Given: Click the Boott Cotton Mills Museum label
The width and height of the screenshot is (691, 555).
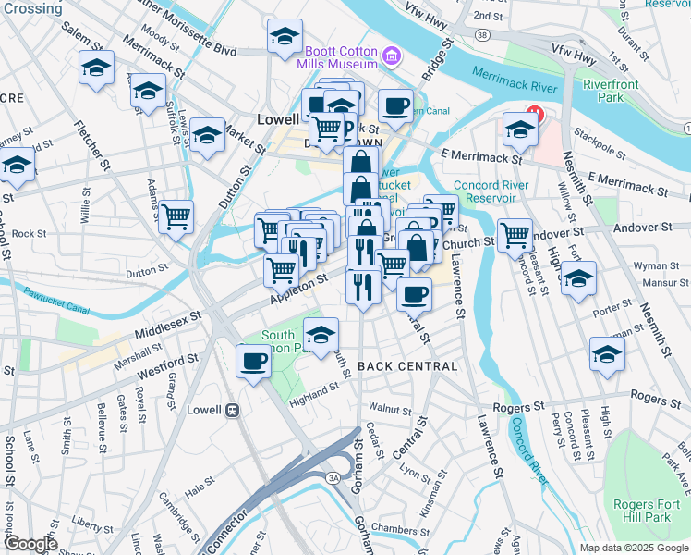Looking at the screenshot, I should (x=338, y=58).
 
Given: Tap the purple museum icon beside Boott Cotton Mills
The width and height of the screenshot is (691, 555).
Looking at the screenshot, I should (x=392, y=57).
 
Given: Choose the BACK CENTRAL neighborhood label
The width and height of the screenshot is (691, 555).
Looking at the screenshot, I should (x=407, y=366).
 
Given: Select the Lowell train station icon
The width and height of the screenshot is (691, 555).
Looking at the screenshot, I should (x=235, y=410).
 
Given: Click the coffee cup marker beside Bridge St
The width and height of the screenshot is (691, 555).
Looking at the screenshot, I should (x=395, y=105).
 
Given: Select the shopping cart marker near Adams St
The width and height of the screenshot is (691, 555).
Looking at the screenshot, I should (x=176, y=217).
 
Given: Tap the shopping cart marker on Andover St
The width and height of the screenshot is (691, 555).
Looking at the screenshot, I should (x=515, y=234).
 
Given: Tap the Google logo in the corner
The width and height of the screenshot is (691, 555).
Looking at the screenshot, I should (x=30, y=544).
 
